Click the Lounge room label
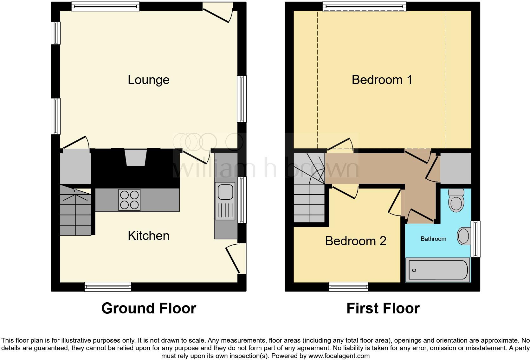(x=148, y=80)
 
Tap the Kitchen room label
(x=148, y=235)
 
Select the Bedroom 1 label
(x=382, y=80)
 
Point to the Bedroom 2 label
(x=355, y=241)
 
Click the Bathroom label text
(x=433, y=239)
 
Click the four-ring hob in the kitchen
(x=129, y=200)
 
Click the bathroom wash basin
(x=463, y=236)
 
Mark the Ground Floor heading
(x=149, y=308)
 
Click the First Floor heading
(x=383, y=308)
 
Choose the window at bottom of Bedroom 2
(x=349, y=287)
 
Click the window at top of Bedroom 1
(x=364, y=6)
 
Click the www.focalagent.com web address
(x=339, y=356)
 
